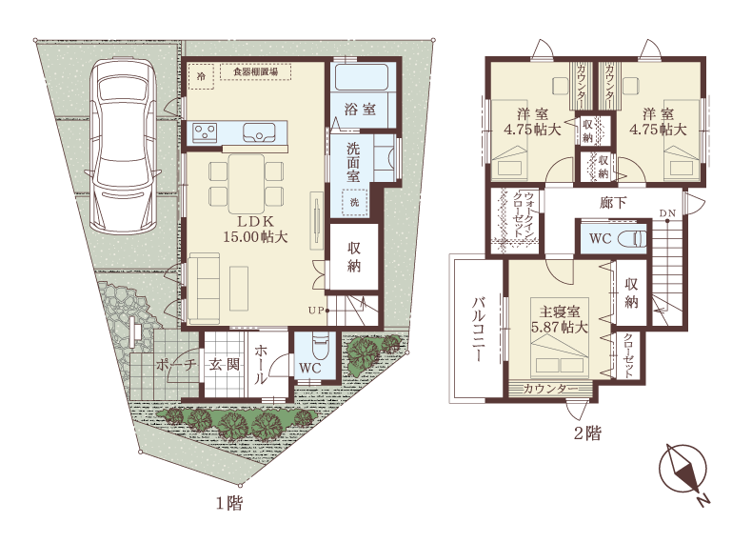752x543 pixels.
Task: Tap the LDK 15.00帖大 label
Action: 255,229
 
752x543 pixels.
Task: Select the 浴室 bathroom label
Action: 360,109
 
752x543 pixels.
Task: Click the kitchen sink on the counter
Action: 259,132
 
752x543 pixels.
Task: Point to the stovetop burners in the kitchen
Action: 206,132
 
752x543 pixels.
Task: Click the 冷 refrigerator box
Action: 202,76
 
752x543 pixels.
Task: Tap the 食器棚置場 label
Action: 256,72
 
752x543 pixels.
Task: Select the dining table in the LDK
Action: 247,183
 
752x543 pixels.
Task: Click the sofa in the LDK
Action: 204,288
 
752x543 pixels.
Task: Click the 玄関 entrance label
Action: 224,365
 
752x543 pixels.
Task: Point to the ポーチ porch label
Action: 176,365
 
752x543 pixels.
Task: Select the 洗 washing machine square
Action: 354,202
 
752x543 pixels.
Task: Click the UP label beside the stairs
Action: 316,311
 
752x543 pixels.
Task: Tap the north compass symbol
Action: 683,473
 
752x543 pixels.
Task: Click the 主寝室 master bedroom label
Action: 559,312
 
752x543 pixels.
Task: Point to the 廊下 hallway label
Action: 613,203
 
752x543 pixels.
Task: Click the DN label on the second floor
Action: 667,212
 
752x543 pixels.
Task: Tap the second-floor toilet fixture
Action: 633,238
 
